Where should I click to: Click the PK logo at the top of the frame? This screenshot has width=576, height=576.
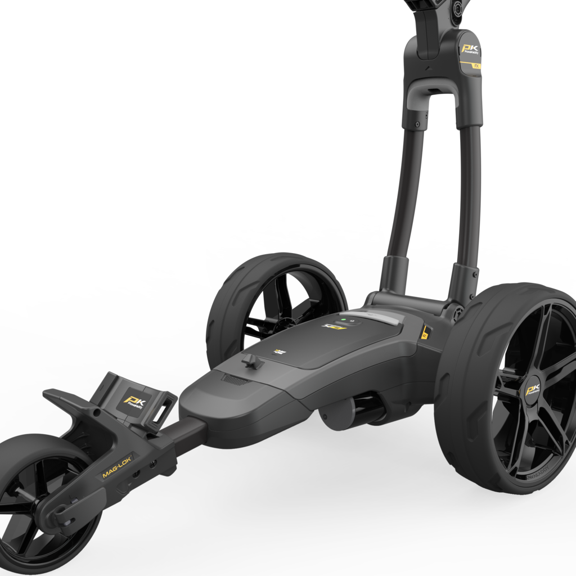[469, 51]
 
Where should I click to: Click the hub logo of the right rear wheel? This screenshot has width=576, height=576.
[532, 390]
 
